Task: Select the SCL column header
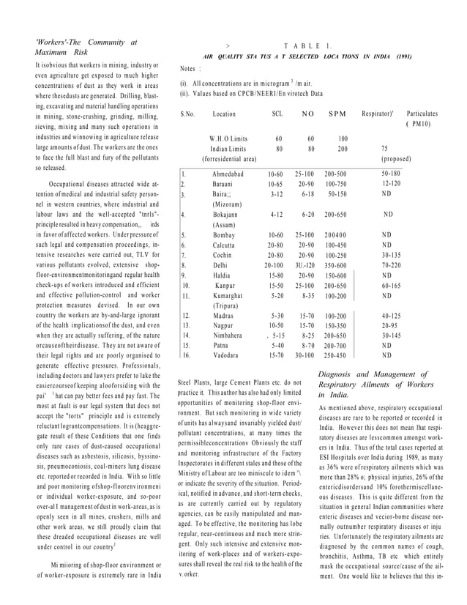tap(277, 114)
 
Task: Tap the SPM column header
tap(337, 114)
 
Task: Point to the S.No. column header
tap(188, 114)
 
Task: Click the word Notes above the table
tap(188, 69)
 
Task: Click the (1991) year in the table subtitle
tap(408, 56)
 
